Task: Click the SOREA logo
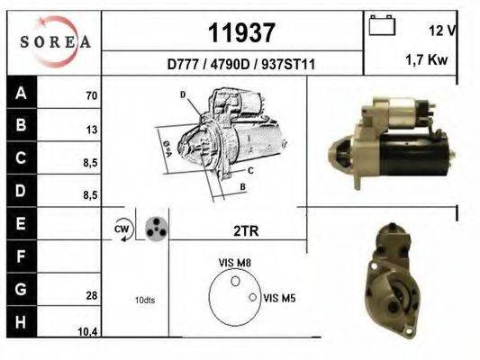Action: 55,41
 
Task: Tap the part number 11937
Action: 241,32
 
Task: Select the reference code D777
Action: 182,65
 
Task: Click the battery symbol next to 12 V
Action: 382,25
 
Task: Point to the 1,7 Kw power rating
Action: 427,59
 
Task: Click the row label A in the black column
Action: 21,93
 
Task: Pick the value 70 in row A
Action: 92,96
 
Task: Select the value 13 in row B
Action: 92,130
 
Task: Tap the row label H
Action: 21,322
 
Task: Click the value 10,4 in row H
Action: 87,332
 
